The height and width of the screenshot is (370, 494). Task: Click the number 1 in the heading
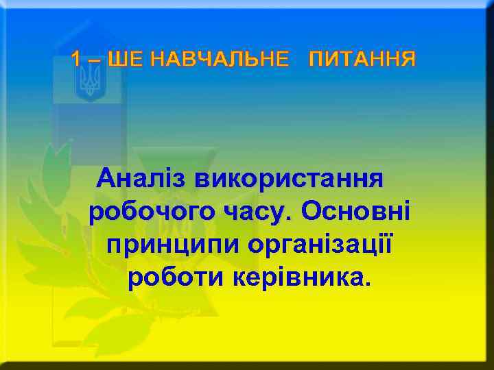76,60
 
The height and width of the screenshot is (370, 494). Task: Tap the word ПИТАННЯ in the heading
362,60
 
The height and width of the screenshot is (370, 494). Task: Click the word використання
290,180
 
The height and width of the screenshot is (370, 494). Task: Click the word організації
320,244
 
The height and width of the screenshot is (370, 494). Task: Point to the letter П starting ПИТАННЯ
316,60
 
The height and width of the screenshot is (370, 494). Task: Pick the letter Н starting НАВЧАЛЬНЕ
157,60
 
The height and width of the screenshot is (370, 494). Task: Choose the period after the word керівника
364,284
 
